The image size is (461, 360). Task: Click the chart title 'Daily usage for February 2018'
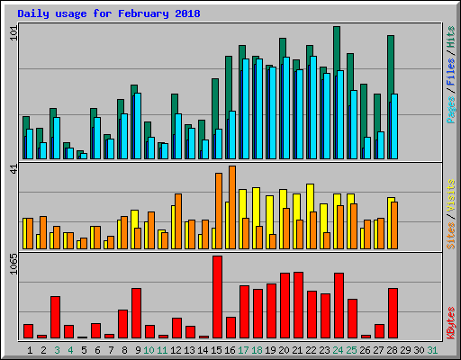click(x=109, y=14)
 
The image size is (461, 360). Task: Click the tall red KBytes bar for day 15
click(x=217, y=297)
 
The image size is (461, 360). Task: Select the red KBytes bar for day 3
click(x=55, y=317)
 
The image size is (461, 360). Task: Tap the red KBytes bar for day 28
click(x=393, y=313)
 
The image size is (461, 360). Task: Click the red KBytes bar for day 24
click(x=339, y=305)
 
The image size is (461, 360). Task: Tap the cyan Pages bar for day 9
click(x=138, y=126)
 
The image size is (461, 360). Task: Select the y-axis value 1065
click(x=12, y=266)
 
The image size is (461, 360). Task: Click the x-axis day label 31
click(x=433, y=349)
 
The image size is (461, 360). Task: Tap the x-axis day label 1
click(x=30, y=349)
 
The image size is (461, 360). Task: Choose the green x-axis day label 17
click(x=244, y=349)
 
